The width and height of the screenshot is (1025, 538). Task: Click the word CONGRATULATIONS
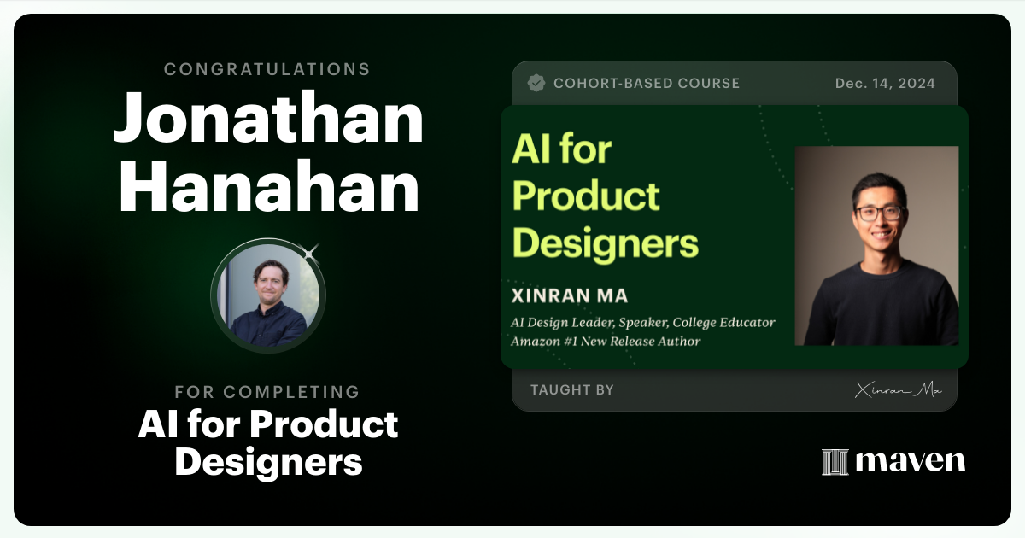coord(267,69)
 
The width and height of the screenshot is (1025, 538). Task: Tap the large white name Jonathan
coord(268,120)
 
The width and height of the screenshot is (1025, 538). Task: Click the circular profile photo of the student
coord(267,295)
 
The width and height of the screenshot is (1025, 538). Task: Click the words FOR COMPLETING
coord(267,392)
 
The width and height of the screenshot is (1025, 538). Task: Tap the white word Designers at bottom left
coord(268,461)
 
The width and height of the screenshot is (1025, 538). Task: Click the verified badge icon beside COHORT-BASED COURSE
coord(536,83)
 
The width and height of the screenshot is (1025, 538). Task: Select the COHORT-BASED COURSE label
coord(647,83)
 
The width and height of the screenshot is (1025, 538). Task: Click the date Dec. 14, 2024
coord(885,83)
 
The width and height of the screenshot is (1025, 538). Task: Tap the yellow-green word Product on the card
coord(586,196)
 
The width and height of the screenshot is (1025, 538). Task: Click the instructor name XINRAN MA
coord(569,296)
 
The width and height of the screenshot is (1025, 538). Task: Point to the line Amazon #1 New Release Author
coord(606,341)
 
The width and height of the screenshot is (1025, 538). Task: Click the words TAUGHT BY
coord(571,389)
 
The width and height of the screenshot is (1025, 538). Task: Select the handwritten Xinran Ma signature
coord(898,390)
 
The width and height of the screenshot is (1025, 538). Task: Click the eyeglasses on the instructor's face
coord(879,212)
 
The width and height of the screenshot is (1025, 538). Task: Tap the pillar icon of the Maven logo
coord(835,462)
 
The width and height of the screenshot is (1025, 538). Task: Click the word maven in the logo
coord(910,462)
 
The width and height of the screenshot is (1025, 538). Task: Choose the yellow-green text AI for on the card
coord(561,150)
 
